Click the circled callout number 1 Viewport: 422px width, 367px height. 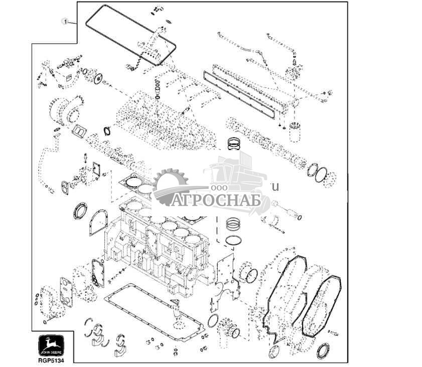click(x=65, y=21)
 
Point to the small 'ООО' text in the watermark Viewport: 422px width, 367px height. click(x=219, y=187)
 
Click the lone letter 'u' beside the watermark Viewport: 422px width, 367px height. click(x=274, y=187)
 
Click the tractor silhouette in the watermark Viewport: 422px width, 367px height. click(x=236, y=176)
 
